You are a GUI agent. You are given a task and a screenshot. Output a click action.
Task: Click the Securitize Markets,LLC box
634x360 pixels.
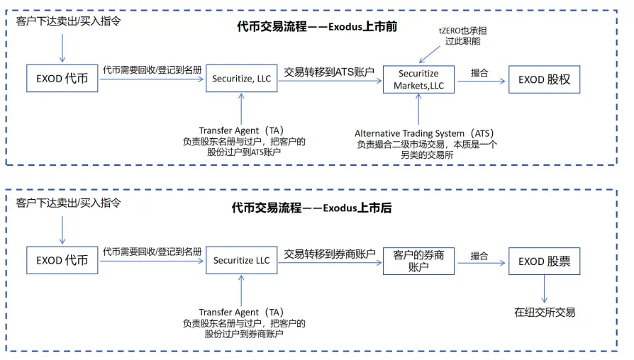click(x=418, y=79)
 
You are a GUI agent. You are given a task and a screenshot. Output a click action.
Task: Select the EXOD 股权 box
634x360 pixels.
click(x=544, y=79)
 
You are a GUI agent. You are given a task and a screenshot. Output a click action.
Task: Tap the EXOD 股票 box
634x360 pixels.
click(x=544, y=261)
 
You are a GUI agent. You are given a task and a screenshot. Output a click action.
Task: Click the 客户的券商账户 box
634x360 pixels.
click(x=418, y=261)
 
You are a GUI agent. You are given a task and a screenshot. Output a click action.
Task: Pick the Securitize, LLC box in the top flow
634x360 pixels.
click(x=242, y=79)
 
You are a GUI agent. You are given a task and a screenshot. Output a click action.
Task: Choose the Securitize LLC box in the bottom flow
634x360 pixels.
click(x=242, y=261)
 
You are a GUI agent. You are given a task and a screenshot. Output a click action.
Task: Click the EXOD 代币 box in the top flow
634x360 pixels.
click(x=62, y=79)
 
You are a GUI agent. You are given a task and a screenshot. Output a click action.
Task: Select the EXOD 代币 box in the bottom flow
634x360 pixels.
click(x=62, y=261)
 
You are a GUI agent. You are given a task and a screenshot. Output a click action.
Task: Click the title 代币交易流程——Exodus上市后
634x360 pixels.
click(x=311, y=208)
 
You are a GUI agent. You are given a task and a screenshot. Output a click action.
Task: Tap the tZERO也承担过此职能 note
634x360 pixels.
click(x=463, y=36)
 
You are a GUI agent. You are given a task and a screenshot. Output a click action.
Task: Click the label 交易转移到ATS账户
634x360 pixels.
click(x=329, y=72)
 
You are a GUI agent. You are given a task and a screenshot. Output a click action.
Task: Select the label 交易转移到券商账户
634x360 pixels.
click(x=329, y=253)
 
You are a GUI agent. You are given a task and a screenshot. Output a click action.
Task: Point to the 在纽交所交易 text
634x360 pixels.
click(x=545, y=312)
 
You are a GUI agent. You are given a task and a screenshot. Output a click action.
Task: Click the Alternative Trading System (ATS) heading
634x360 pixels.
click(x=424, y=133)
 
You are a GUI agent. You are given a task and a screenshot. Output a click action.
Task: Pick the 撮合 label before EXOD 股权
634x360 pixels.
click(x=479, y=72)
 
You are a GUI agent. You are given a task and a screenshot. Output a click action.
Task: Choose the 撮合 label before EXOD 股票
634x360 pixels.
click(x=479, y=254)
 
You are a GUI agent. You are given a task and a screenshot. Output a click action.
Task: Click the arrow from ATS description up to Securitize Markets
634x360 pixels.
click(x=418, y=110)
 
